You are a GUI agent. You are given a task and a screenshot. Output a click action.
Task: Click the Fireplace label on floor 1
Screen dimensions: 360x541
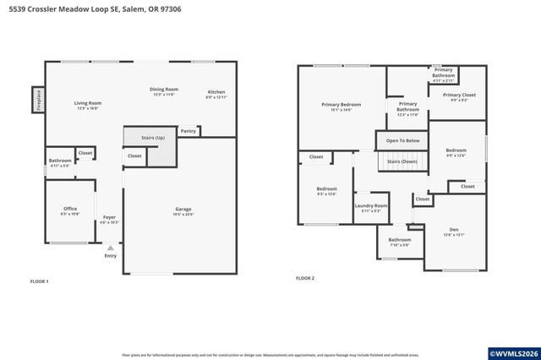[38, 100]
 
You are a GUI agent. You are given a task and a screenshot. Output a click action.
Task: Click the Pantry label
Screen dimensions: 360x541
[188, 131]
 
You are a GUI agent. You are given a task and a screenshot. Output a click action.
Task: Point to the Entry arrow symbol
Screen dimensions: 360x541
[110, 248]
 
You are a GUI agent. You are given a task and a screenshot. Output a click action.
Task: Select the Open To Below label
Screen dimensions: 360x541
[402, 140]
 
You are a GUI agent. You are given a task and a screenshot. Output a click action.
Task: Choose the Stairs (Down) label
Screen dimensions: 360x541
[402, 160]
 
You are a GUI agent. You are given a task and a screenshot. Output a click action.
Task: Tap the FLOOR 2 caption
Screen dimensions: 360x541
[304, 278]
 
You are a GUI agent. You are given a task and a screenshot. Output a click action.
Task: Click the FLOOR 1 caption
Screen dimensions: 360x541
[39, 281]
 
